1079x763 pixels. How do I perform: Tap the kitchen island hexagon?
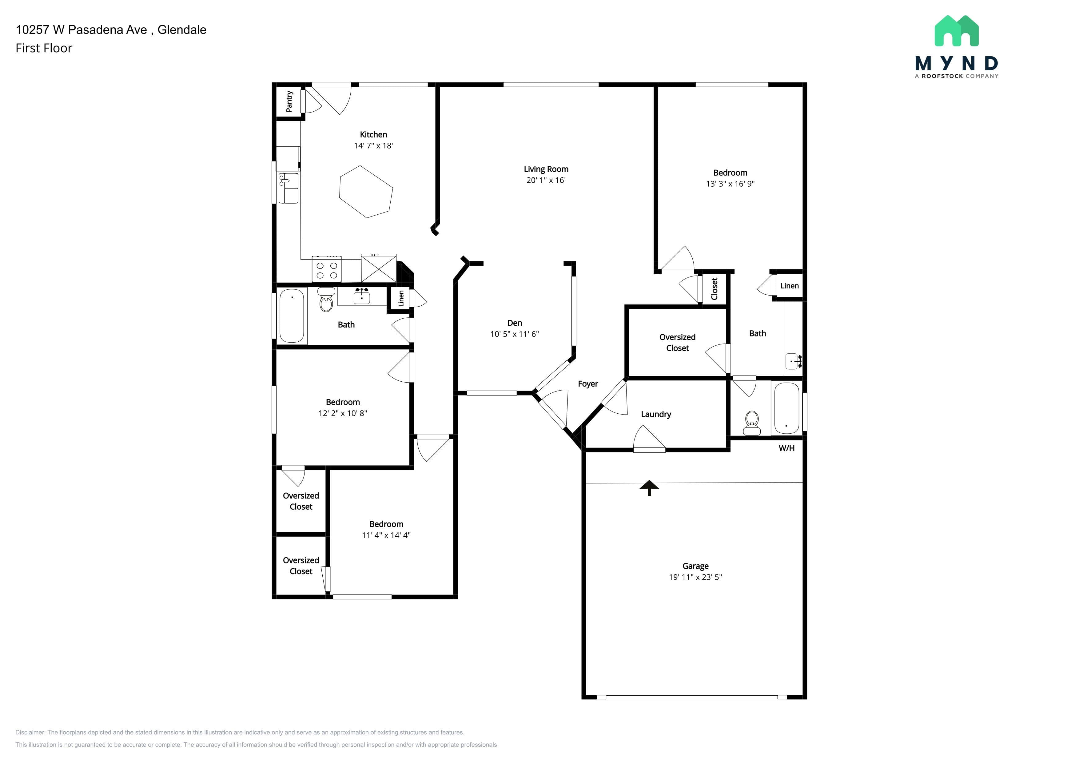[366, 192]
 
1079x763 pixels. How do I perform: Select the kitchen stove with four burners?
[327, 269]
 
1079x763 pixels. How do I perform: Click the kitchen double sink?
[289, 188]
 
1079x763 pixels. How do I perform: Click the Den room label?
[515, 323]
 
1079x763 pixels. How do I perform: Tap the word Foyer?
[588, 384]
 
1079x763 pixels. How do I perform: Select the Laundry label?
[656, 414]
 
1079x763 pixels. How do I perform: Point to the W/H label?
[787, 448]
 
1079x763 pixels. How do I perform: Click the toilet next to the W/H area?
[752, 423]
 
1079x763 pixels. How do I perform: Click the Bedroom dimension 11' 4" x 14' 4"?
[386, 535]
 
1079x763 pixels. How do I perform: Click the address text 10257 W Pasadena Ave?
[81, 30]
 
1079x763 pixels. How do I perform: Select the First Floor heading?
[44, 48]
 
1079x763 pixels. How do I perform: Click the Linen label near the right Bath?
[790, 286]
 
